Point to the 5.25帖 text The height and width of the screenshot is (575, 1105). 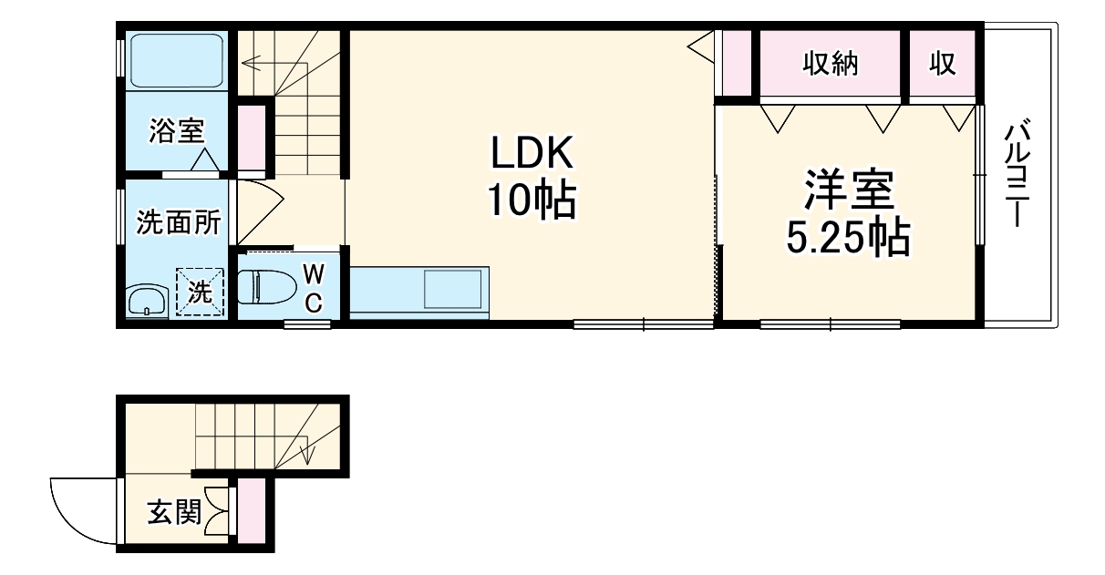click(848, 239)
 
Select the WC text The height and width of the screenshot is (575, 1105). click(313, 288)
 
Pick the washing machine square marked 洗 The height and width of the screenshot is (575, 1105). click(200, 292)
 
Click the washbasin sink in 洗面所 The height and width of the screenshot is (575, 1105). click(145, 298)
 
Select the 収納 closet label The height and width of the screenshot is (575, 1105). click(830, 64)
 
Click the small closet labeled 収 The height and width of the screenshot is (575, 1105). click(942, 64)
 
